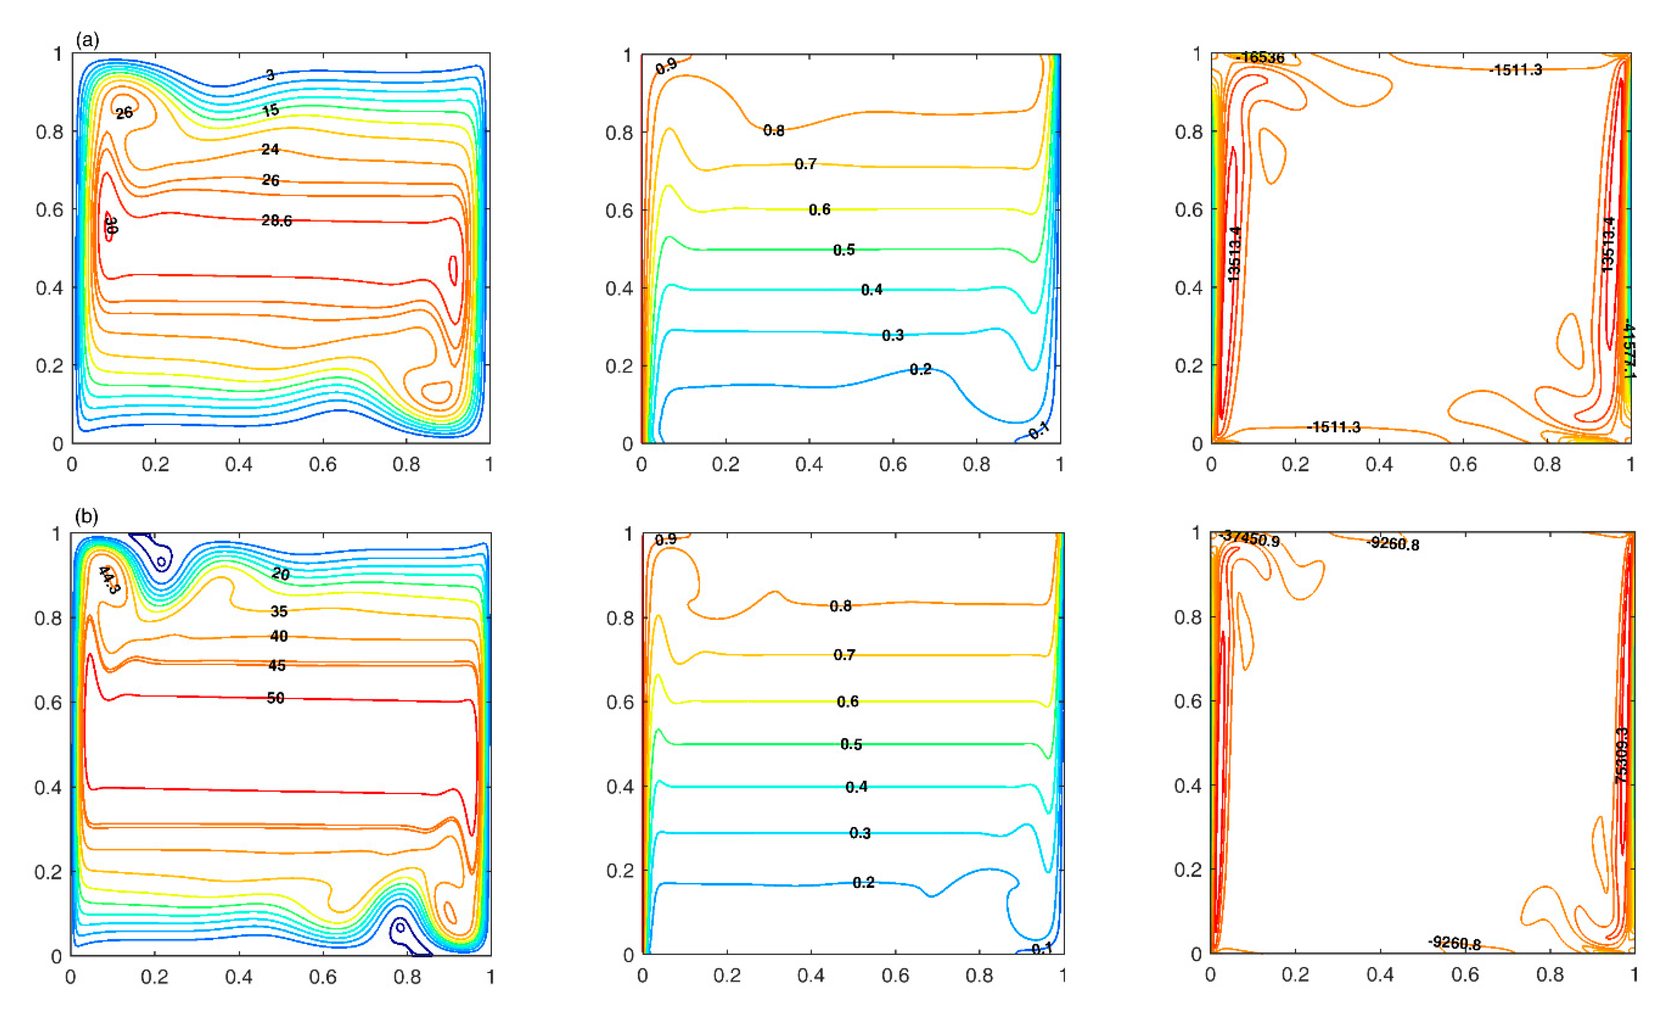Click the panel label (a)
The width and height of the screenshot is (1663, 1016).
tap(88, 41)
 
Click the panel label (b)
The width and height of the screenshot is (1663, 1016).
tap(87, 517)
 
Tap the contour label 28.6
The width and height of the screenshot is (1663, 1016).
tap(277, 221)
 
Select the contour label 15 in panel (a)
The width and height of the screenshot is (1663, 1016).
tap(271, 110)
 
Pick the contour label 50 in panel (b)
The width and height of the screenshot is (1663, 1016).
tap(276, 697)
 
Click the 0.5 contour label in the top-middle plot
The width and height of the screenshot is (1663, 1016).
tap(844, 250)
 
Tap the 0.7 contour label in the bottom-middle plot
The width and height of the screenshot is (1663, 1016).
tap(844, 655)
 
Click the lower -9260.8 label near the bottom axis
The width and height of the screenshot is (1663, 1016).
tap(1455, 943)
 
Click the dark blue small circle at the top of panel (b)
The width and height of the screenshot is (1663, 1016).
tap(161, 562)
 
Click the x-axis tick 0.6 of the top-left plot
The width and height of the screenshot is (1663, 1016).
tap(322, 464)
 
